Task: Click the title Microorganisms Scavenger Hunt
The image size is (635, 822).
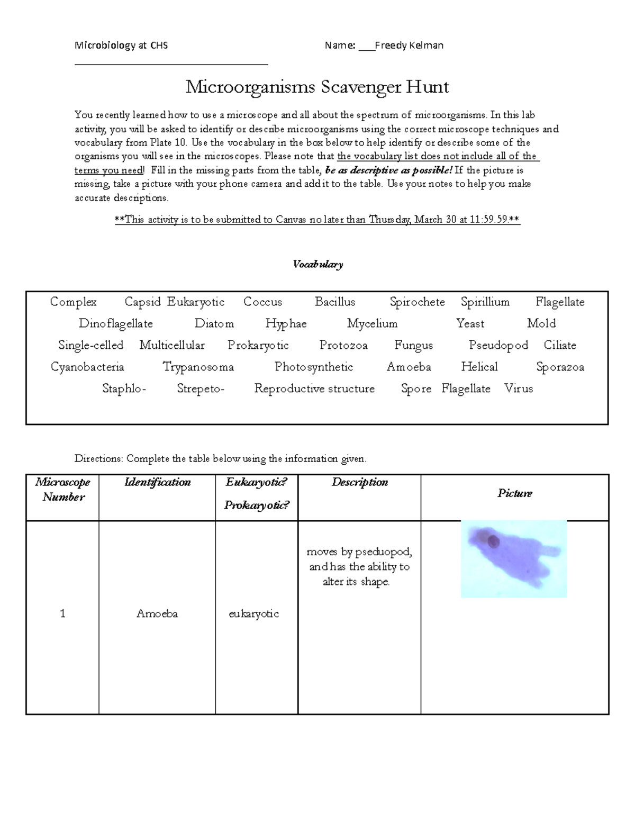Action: tap(317, 86)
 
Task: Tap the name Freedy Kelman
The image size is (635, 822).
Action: tap(409, 46)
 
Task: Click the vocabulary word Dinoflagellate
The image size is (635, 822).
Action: tap(115, 323)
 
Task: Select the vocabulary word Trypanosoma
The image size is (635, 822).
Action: tap(198, 367)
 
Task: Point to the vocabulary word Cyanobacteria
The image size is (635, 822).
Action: tap(87, 367)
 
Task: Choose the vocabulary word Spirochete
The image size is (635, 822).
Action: tap(417, 302)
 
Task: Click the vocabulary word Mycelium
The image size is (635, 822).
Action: tap(372, 323)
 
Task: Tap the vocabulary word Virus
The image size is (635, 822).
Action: tap(518, 389)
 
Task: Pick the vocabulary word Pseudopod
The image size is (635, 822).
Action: tap(498, 345)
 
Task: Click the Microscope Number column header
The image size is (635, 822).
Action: tap(62, 489)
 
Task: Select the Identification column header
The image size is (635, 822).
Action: tap(157, 482)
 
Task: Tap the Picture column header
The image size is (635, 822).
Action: tap(514, 493)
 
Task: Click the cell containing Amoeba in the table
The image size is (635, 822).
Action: tap(157, 613)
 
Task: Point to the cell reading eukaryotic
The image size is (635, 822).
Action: tap(253, 613)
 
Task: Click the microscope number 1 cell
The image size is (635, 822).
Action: tap(62, 613)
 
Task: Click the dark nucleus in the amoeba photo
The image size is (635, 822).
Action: tap(493, 541)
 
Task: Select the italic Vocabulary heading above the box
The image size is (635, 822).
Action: tap(317, 264)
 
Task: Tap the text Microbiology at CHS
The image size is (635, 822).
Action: tap(121, 46)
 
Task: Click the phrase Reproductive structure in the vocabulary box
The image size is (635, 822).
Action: tap(314, 389)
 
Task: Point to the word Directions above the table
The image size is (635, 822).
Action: tap(98, 459)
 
